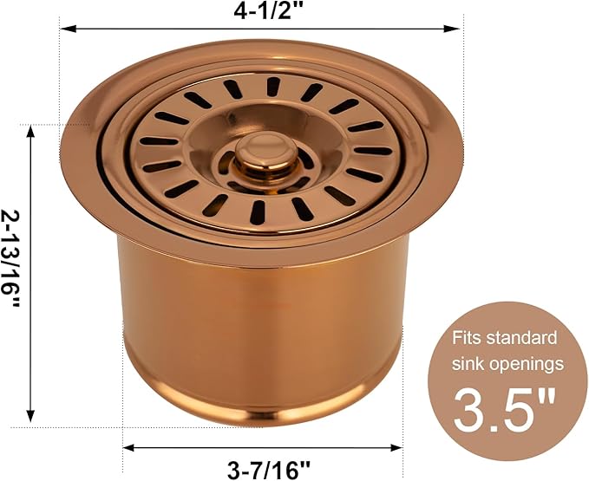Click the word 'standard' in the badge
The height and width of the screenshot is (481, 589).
tap(523, 337)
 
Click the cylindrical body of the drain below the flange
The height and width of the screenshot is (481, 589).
tap(260, 321)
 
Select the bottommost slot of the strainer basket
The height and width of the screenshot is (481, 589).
tap(259, 211)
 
